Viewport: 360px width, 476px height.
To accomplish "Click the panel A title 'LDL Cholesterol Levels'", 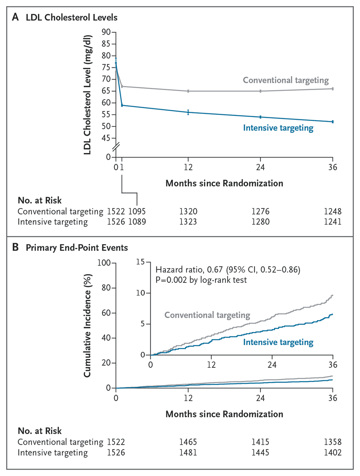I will point(71,17).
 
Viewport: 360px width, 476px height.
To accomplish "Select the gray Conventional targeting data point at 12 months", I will point(188,91).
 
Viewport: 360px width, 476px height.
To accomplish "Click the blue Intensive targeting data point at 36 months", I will point(333,121).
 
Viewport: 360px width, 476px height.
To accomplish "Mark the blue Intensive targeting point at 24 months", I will point(260,117).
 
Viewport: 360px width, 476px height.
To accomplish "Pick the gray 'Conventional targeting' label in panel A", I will point(285,80).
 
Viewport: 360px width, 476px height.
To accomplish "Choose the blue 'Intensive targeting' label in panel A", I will point(278,128).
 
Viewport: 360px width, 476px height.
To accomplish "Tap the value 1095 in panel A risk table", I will point(137,211).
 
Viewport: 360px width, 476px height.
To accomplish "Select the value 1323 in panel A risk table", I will point(188,222).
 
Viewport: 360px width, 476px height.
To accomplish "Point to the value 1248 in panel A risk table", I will point(332,211).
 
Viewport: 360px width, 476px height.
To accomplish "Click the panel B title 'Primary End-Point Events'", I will point(77,248).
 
